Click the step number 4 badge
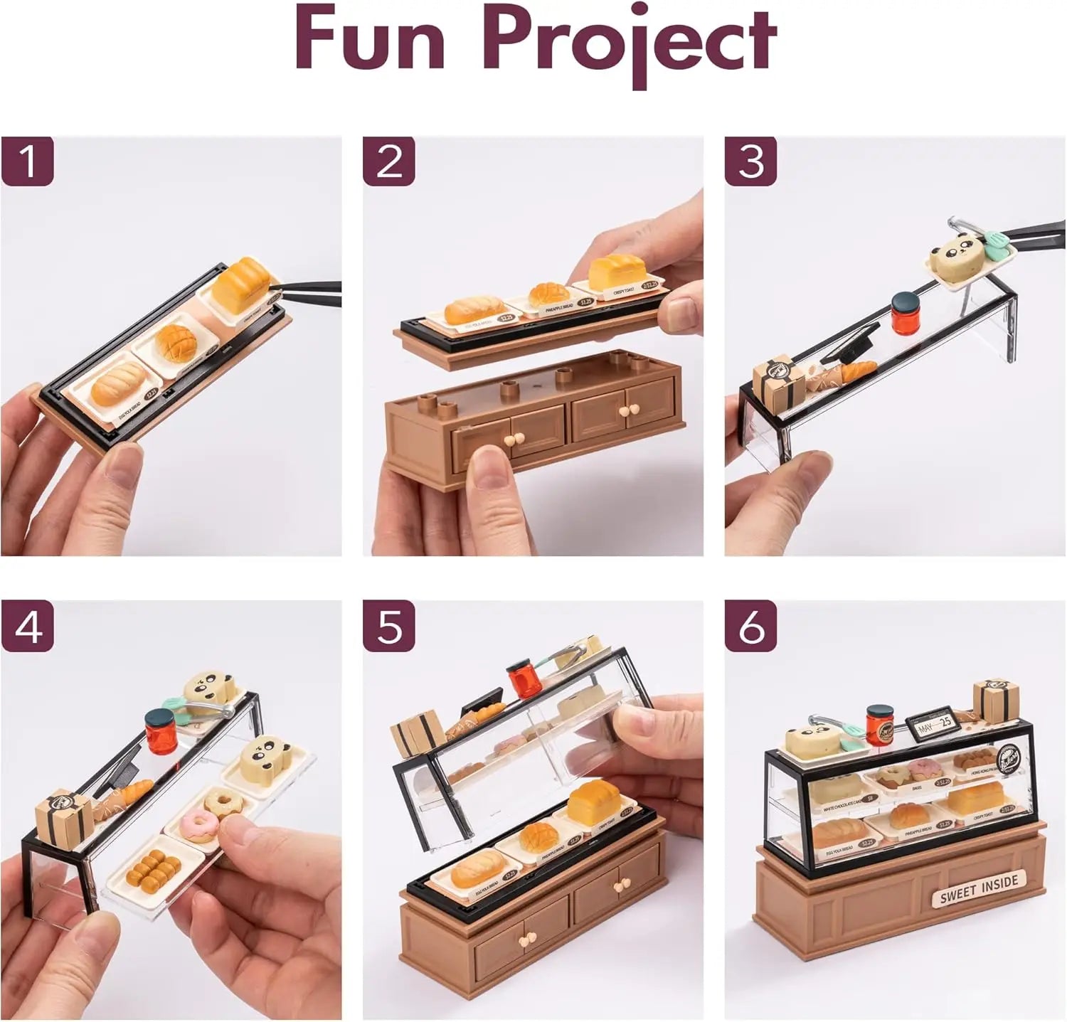click(x=27, y=627)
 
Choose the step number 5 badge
click(x=389, y=627)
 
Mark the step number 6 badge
click(x=751, y=627)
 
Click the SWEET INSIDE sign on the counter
click(x=978, y=888)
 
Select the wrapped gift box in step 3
click(x=780, y=378)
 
